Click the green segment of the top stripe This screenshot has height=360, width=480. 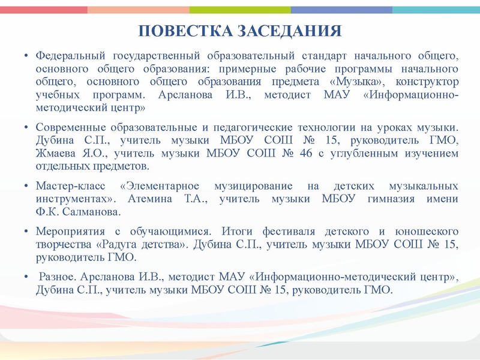240,10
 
